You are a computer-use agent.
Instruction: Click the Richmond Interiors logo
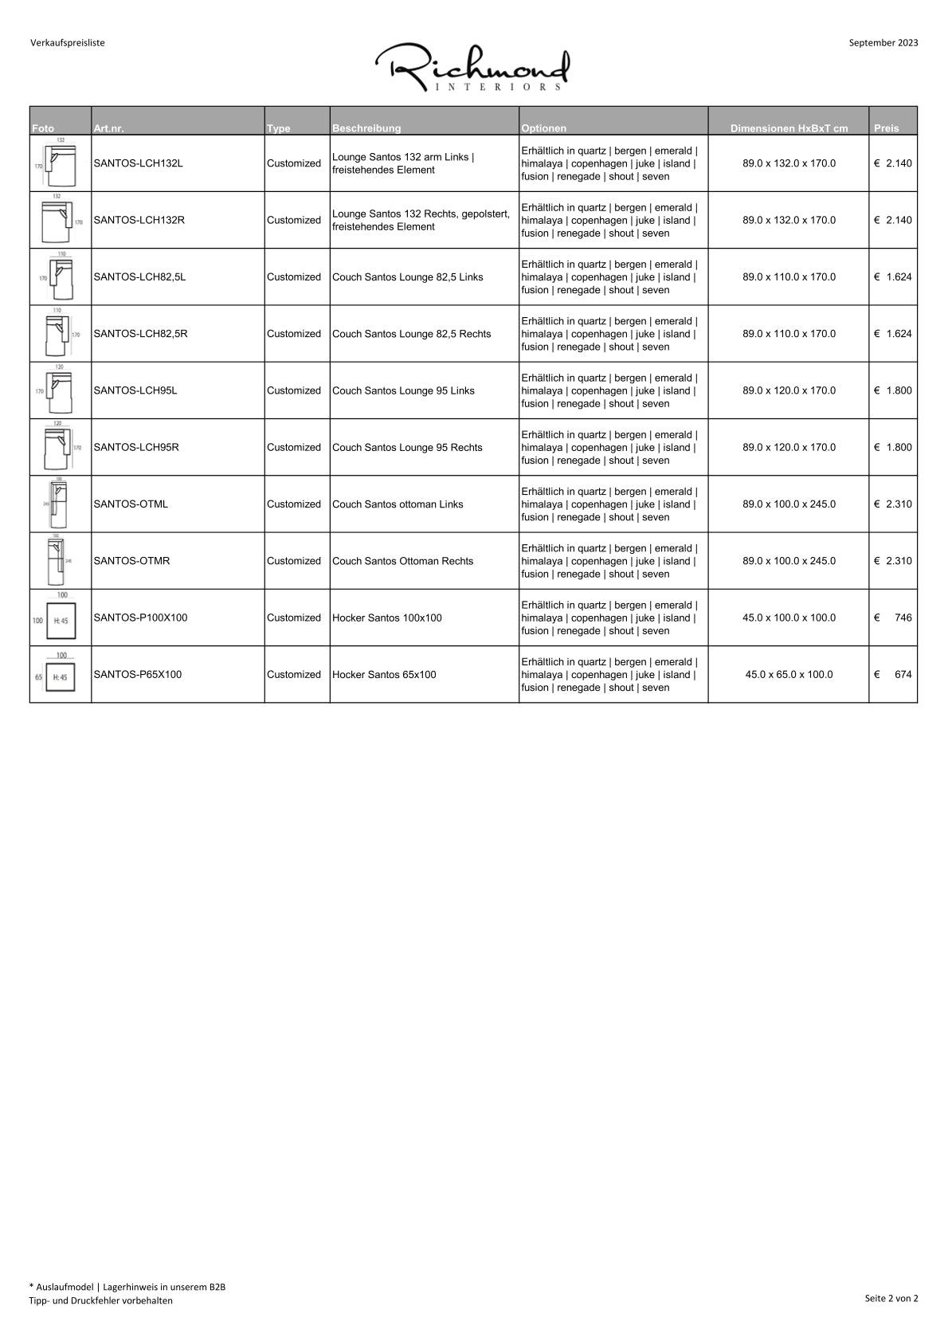point(472,68)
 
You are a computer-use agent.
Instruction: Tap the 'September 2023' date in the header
point(883,43)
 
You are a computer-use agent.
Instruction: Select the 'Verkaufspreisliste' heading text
point(68,43)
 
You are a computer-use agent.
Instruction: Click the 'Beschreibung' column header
point(366,128)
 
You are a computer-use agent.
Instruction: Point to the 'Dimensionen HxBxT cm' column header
point(789,128)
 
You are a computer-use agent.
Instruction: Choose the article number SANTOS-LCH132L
point(138,163)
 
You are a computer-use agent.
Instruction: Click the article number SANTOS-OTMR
point(131,561)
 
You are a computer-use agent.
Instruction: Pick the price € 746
point(893,618)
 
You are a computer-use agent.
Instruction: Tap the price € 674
point(893,674)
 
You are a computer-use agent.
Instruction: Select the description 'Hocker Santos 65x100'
point(384,674)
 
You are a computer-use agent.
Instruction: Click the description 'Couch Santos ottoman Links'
point(398,504)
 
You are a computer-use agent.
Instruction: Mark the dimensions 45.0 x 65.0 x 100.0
point(789,674)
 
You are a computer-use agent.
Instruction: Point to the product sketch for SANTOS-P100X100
point(61,618)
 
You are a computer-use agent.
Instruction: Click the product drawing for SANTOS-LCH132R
point(61,220)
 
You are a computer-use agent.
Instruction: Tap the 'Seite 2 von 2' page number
point(891,1298)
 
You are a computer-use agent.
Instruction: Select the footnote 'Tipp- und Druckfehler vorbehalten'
point(101,1300)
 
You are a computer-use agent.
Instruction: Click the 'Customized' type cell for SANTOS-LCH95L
point(294,390)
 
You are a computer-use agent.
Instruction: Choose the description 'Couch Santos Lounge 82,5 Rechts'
point(411,334)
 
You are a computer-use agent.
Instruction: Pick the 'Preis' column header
point(886,128)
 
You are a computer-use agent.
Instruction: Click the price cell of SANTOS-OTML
point(893,504)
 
